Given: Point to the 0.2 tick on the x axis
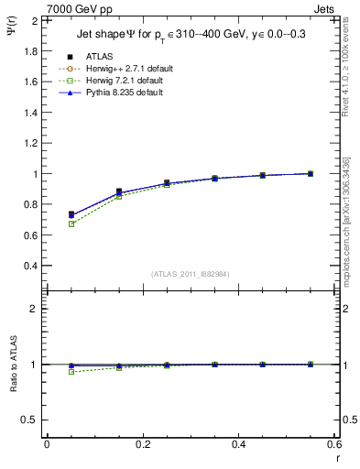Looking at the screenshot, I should click(142, 444).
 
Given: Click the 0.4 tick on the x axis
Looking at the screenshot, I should click(238, 444).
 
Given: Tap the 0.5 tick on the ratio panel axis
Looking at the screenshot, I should click(31, 420).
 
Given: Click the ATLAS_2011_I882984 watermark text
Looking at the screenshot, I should click(191, 272).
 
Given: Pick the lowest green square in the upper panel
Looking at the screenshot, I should click(71, 224).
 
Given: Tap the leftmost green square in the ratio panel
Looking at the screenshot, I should click(71, 372).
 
